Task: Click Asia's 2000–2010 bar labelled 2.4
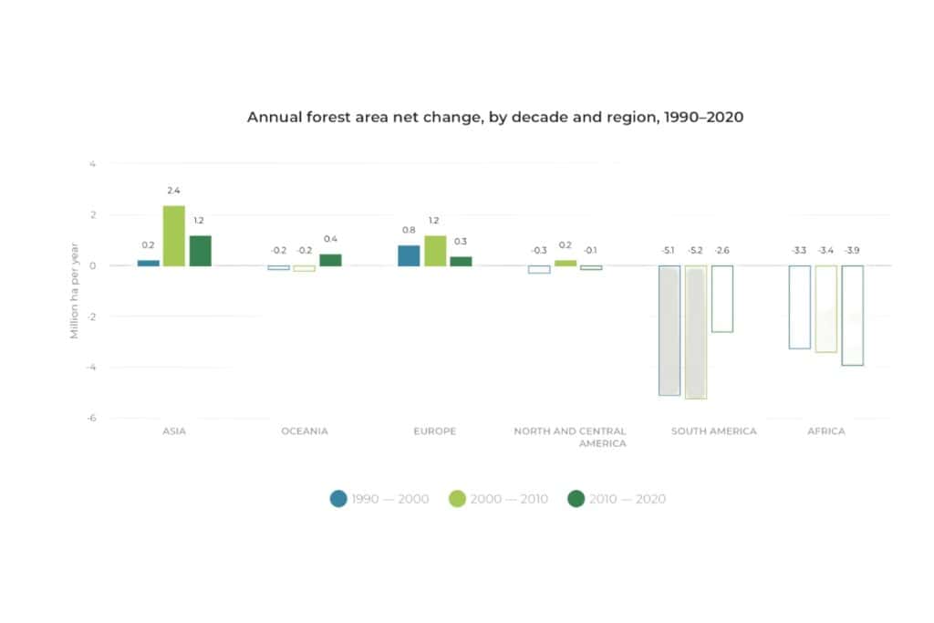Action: [174, 236]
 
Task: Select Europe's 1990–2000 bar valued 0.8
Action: [409, 255]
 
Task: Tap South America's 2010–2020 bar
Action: [721, 299]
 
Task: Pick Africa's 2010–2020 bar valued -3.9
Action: [852, 316]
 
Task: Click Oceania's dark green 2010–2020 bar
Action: [330, 260]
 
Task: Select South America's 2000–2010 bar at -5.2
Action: [695, 332]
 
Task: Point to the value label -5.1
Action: [669, 250]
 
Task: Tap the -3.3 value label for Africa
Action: [799, 250]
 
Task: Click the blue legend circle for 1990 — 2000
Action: [339, 499]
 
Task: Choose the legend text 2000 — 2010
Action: [509, 499]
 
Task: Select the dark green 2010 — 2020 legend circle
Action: [576, 499]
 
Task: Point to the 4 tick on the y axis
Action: [92, 164]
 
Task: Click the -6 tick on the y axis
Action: [90, 418]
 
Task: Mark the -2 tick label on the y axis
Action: [90, 317]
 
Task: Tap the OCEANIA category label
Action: [305, 431]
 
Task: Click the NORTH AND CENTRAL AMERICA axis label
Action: [570, 437]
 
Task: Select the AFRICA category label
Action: [825, 431]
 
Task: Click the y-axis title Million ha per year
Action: [75, 291]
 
